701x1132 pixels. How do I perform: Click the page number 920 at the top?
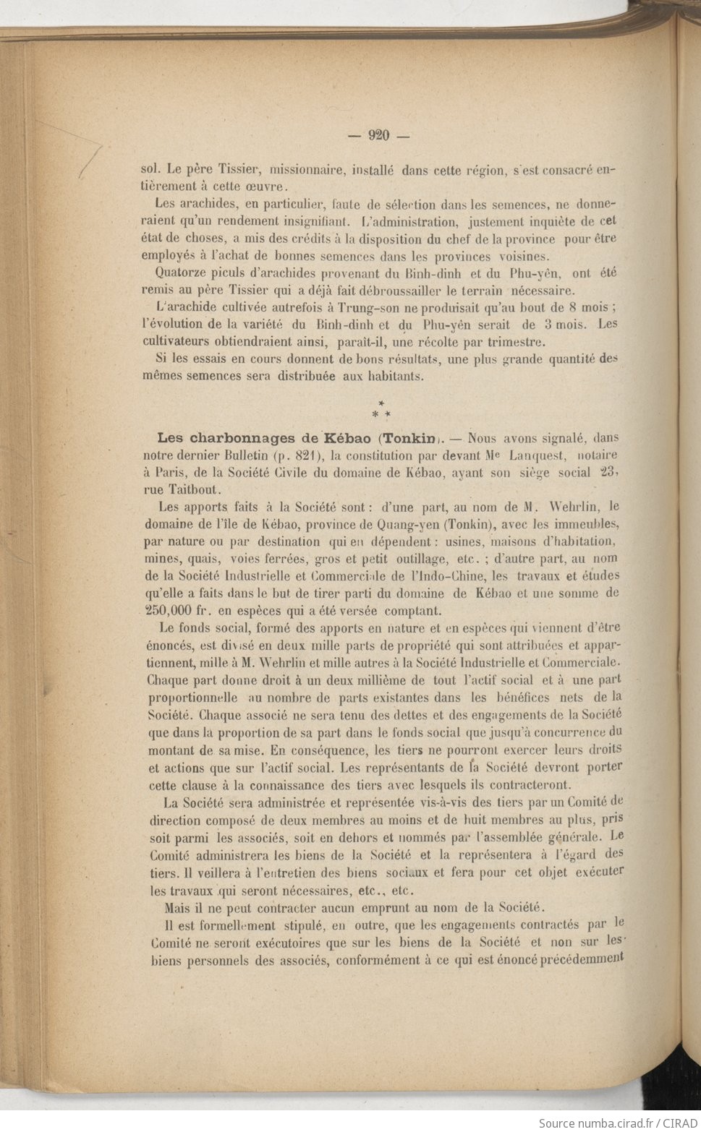(378, 135)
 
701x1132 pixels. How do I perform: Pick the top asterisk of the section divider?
(381, 403)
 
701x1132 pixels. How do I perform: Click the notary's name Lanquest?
(533, 455)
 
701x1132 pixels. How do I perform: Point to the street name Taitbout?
(195, 489)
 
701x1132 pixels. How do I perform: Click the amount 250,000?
(171, 610)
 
